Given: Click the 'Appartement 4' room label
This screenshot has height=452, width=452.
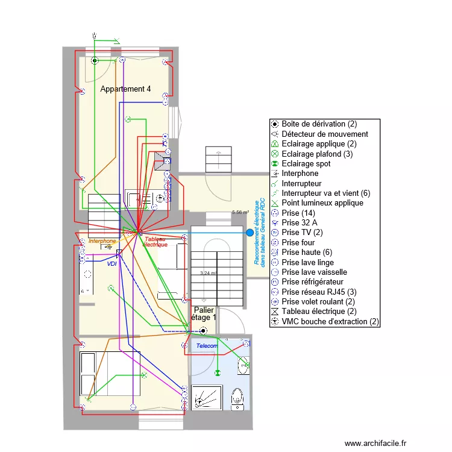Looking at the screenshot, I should click(125, 89).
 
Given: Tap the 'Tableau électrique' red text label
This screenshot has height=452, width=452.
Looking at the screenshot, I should click(155, 242).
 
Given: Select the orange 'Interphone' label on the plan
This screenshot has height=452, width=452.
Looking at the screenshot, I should click(102, 241).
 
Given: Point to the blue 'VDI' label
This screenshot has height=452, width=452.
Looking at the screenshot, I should click(112, 264).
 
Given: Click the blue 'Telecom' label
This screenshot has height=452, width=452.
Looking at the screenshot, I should click(207, 346).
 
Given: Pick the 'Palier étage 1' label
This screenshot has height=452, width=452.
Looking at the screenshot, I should click(204, 313).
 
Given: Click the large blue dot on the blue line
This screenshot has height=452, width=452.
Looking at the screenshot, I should click(250, 232).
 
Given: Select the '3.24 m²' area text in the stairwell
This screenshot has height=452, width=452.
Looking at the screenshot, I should click(208, 273).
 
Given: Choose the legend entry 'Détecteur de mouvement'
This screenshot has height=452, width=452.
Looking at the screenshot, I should click(325, 134).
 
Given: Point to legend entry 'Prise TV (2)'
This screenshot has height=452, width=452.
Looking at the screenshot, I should click(307, 232).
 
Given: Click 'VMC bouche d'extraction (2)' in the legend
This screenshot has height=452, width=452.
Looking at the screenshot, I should click(330, 321).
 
